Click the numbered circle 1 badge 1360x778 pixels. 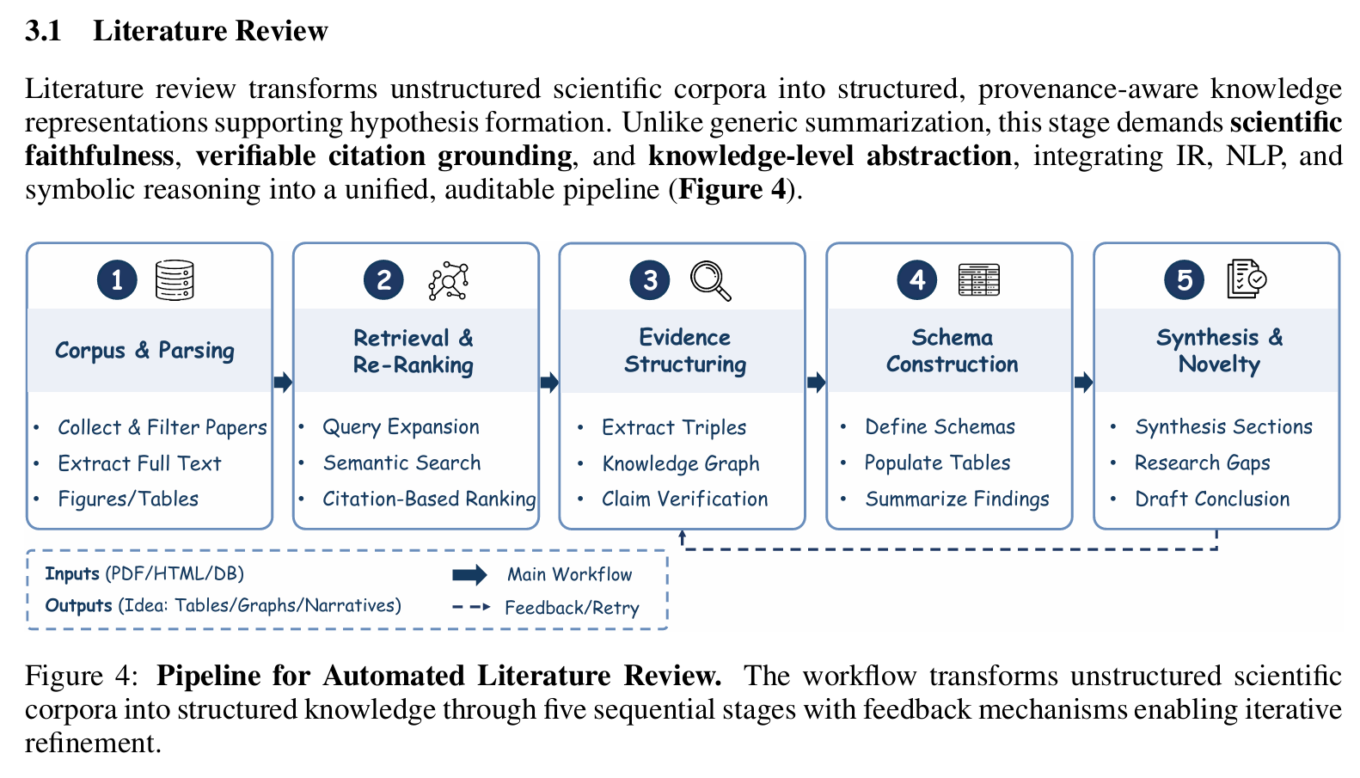(x=117, y=280)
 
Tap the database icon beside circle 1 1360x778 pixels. (x=175, y=280)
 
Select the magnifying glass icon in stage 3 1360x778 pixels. (x=711, y=280)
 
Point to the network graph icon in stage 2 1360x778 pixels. (x=448, y=280)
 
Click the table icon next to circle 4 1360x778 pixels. (x=978, y=280)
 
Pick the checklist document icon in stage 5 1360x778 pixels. (x=1247, y=279)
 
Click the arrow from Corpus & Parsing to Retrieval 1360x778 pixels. (x=283, y=382)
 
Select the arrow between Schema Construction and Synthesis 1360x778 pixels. (x=1083, y=382)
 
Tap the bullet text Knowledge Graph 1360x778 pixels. (x=681, y=463)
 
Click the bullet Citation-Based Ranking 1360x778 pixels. (x=429, y=499)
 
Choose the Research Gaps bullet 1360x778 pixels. (x=1202, y=463)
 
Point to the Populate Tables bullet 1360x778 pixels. (x=937, y=463)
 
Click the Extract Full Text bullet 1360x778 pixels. (x=139, y=463)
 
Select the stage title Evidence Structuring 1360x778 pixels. (x=685, y=351)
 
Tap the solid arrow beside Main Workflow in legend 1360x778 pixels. (x=469, y=574)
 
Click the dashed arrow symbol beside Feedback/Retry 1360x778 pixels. (x=471, y=607)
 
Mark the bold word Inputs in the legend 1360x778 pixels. (x=72, y=573)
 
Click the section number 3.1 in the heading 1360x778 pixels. (x=43, y=31)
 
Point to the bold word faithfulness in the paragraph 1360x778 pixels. (x=100, y=156)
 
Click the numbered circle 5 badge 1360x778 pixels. (x=1185, y=280)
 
